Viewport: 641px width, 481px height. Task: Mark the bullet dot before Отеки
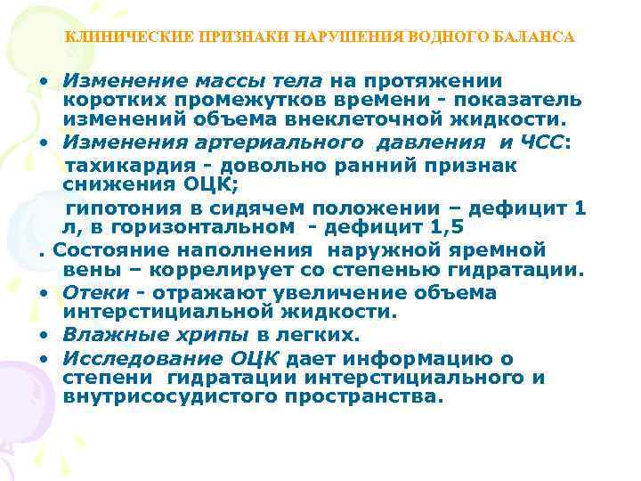coord(42,293)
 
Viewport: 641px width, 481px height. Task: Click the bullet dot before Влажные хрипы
coord(42,336)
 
